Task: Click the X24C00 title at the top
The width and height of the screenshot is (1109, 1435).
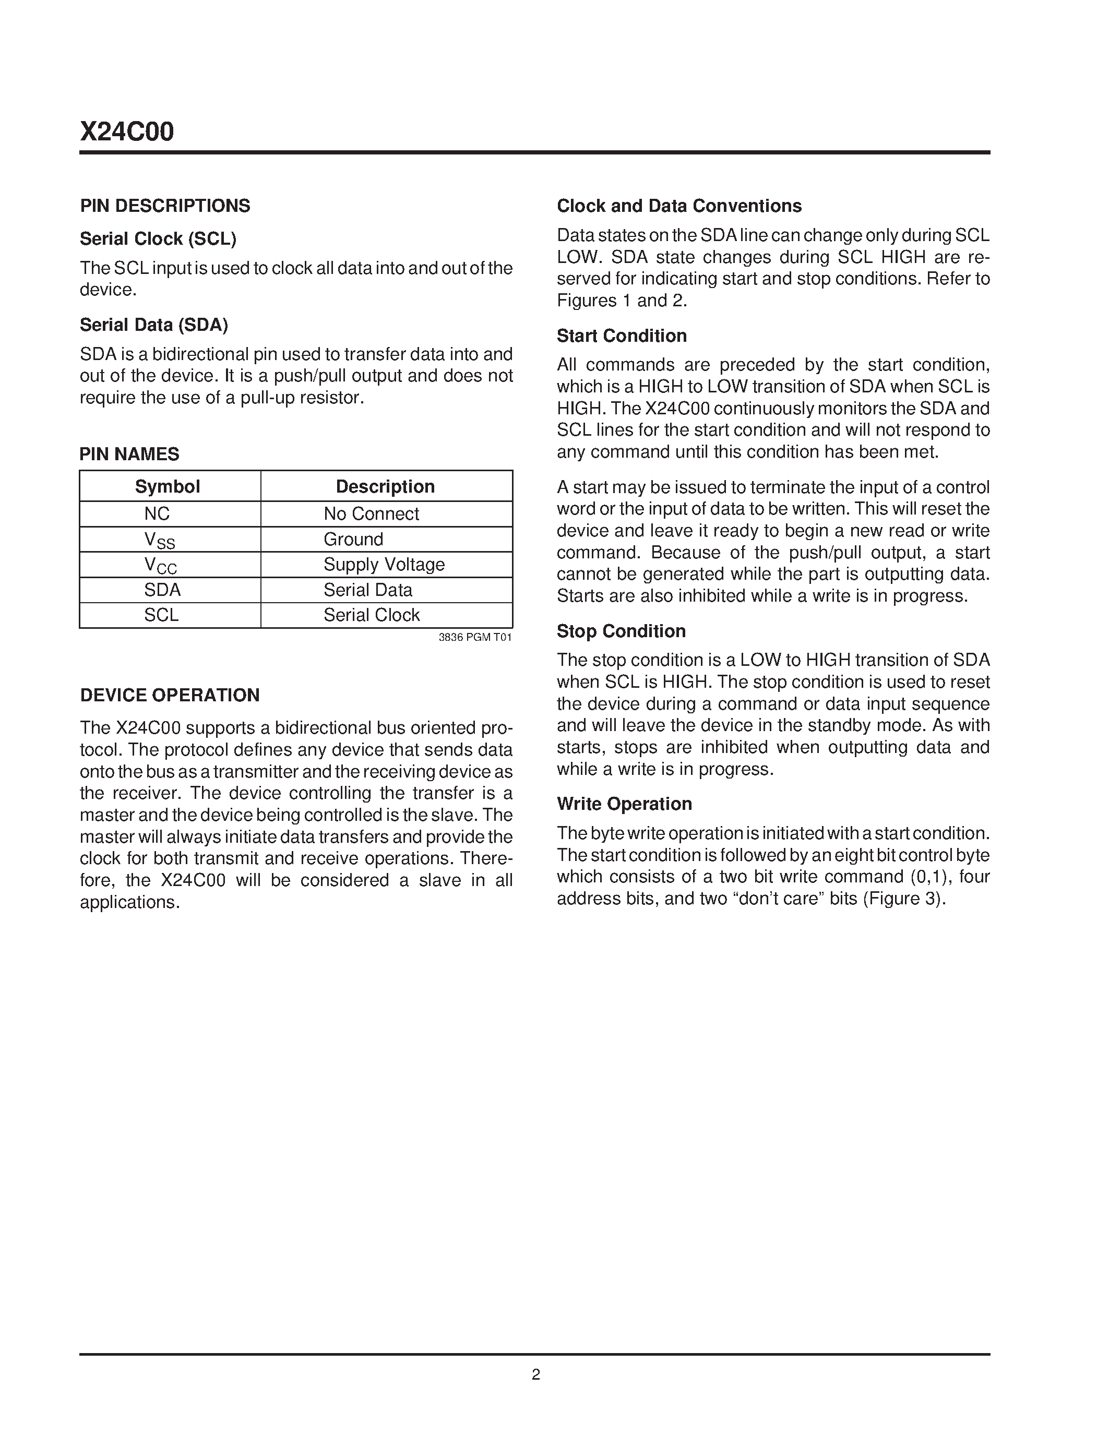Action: (x=127, y=132)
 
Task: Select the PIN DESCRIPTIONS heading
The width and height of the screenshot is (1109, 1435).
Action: (x=165, y=206)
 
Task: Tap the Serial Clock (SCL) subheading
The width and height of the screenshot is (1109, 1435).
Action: (x=158, y=238)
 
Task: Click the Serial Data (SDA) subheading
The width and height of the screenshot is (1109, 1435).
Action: (x=154, y=325)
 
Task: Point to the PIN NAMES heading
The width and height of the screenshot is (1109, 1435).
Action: (x=129, y=454)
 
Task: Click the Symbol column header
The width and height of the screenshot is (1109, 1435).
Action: (x=168, y=486)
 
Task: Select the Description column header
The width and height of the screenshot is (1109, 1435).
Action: (x=385, y=486)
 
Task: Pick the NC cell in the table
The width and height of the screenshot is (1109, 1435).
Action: (x=157, y=514)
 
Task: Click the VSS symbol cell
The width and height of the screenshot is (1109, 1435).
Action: (x=160, y=540)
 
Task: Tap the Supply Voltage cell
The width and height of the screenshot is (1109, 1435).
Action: (x=384, y=565)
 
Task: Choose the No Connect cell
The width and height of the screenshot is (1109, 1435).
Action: (x=371, y=514)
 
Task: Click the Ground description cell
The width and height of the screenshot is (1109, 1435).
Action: (x=353, y=540)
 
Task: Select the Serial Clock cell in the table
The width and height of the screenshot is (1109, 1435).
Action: (x=371, y=615)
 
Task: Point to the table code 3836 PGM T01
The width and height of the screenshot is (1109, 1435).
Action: (x=475, y=637)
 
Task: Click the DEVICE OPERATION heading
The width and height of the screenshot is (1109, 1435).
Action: (x=170, y=695)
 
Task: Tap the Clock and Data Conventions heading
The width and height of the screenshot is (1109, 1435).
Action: (x=678, y=206)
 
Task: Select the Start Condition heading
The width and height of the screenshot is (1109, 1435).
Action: (x=622, y=336)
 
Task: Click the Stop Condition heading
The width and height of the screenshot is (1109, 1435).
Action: (x=621, y=631)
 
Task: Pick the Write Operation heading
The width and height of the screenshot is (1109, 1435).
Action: (x=624, y=804)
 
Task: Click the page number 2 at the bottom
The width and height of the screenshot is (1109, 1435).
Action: (x=535, y=1374)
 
